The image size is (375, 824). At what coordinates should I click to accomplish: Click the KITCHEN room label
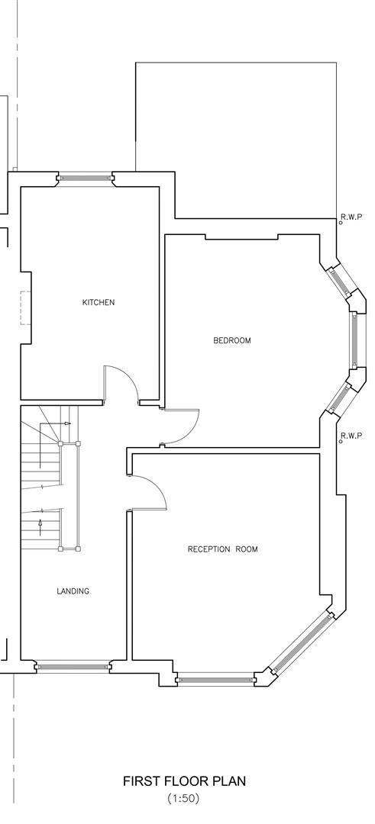[99, 303]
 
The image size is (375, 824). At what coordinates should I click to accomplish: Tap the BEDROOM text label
[231, 340]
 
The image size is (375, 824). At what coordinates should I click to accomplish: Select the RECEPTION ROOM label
[222, 549]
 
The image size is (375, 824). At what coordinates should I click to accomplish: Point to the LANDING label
[73, 591]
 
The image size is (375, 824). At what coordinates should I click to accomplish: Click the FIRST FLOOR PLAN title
[184, 782]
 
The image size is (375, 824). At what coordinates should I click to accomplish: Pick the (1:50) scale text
[183, 799]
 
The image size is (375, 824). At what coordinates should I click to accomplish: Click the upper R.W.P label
[351, 217]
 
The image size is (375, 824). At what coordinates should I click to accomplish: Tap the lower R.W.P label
[351, 436]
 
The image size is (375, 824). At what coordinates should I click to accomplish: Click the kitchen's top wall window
[85, 179]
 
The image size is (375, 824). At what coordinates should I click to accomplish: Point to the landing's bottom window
[73, 667]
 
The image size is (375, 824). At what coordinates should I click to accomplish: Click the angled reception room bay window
[302, 644]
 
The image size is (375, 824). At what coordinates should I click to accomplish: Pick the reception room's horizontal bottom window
[215, 678]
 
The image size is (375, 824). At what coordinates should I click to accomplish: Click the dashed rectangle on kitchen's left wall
[25, 307]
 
